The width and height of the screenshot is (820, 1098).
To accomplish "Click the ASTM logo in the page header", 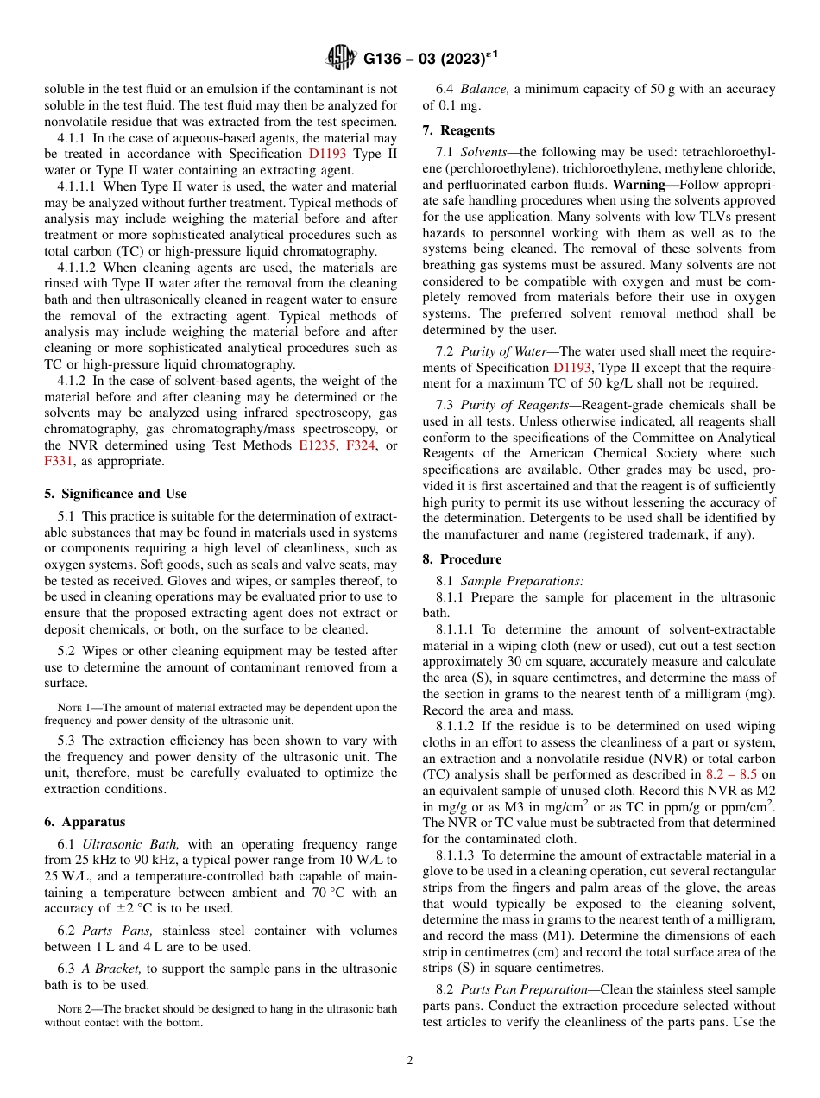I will click(x=341, y=58).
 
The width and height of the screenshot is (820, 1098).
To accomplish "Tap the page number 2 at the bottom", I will click(x=410, y=1060).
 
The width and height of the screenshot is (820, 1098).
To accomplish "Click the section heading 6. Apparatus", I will click(x=85, y=822).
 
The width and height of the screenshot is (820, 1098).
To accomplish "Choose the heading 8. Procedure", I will click(x=462, y=558).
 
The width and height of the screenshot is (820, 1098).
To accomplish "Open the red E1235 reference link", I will click(x=316, y=445).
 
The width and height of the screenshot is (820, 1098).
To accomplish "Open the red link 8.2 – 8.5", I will click(x=732, y=774).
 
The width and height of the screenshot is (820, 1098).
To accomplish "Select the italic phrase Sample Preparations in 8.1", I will click(x=521, y=581).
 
